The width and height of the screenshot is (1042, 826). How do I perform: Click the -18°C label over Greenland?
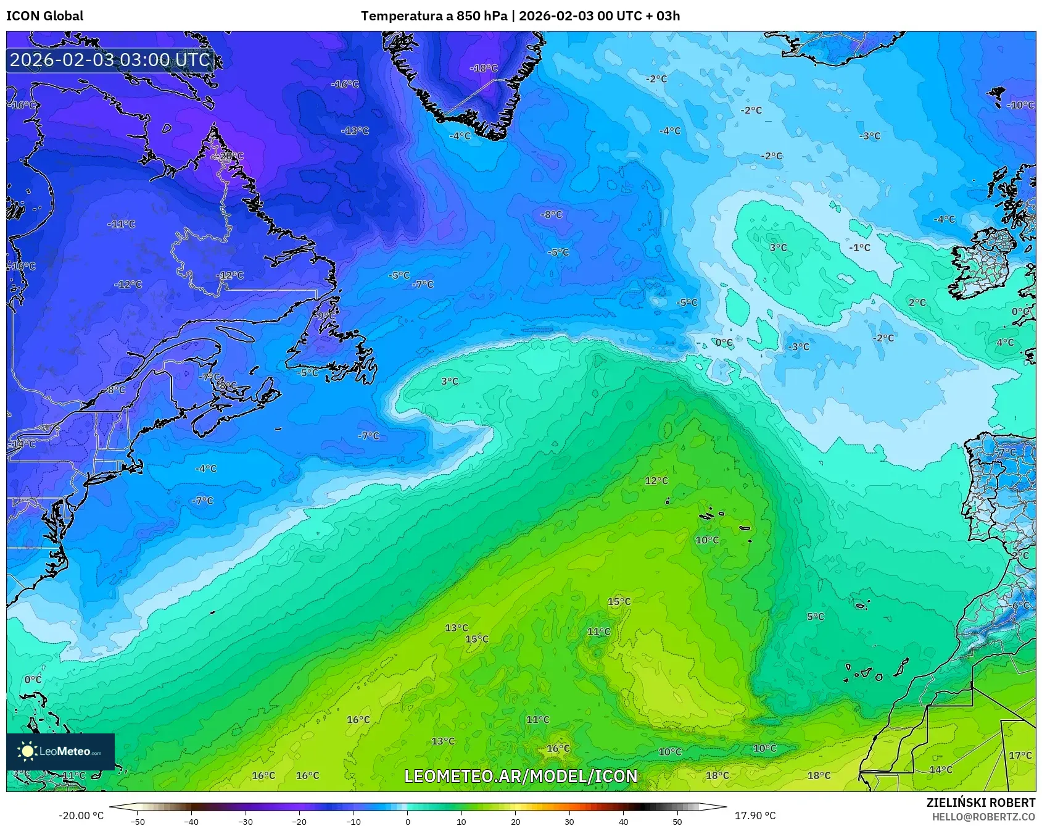tap(484, 69)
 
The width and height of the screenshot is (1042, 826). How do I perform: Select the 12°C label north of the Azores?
tap(656, 481)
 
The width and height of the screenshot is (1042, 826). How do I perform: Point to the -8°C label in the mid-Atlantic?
tap(552, 215)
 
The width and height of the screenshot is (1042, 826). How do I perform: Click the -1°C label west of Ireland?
tap(859, 248)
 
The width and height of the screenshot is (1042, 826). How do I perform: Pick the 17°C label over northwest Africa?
tap(1020, 755)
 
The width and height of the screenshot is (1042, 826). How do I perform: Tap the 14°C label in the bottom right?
tap(941, 770)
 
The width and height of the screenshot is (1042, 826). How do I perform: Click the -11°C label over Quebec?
tap(121, 224)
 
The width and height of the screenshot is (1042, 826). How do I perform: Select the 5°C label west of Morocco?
tap(816, 617)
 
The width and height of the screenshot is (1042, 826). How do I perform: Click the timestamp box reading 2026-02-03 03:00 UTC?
tap(110, 60)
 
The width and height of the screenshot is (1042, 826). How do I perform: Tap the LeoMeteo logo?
tap(60, 751)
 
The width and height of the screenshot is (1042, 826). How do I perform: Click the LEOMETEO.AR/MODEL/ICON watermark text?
tap(521, 776)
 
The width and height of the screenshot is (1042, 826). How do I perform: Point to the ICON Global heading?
tap(44, 16)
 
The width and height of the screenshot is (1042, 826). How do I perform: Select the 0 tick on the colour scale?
tap(407, 821)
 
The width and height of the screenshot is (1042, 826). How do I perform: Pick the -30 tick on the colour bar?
tap(245, 821)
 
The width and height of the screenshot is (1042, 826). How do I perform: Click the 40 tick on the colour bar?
tap(623, 821)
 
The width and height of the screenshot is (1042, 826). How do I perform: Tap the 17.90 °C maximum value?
tap(755, 816)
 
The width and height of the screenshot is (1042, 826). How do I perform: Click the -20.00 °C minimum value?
tap(81, 816)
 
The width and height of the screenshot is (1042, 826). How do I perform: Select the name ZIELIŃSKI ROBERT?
tap(981, 803)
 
